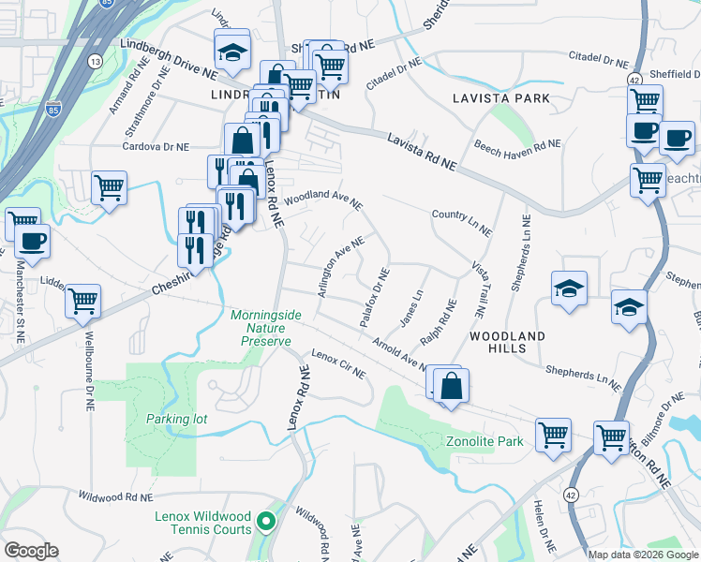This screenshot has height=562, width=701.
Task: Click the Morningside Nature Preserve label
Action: coord(266,329)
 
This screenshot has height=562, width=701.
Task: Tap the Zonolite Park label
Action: coord(485,440)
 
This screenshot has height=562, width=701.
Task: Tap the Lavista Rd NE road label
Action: coord(421,151)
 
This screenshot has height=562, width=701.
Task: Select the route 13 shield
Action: coord(95,61)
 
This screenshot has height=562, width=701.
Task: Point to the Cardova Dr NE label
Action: coord(157,146)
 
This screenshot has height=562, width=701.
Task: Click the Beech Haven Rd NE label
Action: coord(516,146)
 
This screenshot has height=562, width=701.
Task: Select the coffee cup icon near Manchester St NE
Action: coord(32,241)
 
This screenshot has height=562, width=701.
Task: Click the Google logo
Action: coord(31,551)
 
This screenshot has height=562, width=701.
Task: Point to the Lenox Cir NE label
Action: coord(338,365)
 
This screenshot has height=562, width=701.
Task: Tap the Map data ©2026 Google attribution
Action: coord(642,554)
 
